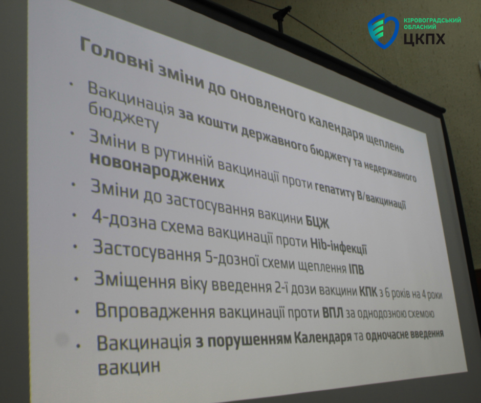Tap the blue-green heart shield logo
383,31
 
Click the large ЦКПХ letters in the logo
424,38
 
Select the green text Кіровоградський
432,20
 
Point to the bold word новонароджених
157,170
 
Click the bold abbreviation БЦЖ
317,221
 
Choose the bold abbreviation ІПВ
356,268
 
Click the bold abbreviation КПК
368,292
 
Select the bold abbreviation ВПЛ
333,312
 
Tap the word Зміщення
135,281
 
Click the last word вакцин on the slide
129,367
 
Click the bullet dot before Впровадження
77,312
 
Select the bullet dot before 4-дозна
74,215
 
